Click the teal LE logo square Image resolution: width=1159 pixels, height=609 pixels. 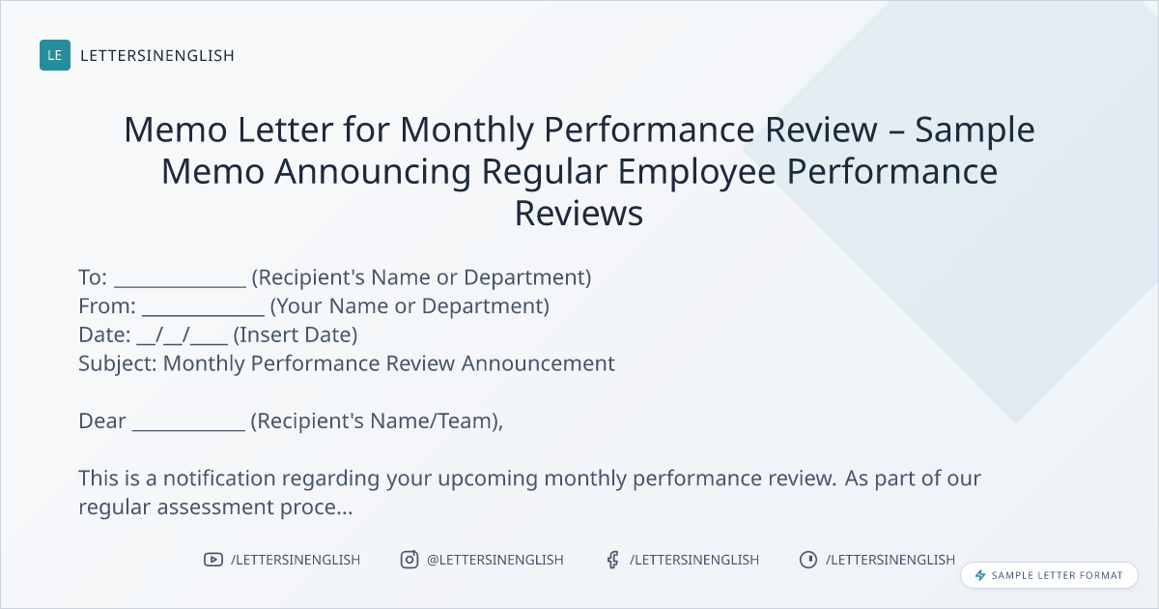[x=55, y=55]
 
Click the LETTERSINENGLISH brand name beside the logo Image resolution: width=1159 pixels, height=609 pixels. [x=157, y=55]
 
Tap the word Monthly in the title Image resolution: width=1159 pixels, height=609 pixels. [x=467, y=130]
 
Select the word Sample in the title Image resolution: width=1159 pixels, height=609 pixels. [x=975, y=130]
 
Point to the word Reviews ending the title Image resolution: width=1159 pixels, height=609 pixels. [x=579, y=213]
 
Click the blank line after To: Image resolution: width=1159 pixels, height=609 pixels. [x=180, y=285]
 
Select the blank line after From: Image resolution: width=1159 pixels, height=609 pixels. [x=203, y=314]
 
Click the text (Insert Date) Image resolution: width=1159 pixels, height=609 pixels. [x=296, y=335]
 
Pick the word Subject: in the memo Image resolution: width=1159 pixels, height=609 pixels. [x=118, y=364]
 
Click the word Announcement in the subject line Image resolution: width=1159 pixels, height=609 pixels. [x=538, y=363]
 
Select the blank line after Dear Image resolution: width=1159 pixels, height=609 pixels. [x=188, y=429]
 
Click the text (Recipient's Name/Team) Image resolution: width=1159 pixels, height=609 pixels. [x=375, y=421]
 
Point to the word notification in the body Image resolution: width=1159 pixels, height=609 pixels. [x=219, y=478]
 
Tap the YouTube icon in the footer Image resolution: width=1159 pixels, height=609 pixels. [x=213, y=560]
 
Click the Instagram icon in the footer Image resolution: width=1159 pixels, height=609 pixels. [x=410, y=560]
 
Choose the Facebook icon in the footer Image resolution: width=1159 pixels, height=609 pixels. [x=613, y=560]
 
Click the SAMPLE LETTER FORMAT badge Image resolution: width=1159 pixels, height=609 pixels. [x=1049, y=575]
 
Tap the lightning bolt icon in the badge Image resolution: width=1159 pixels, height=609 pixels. [x=980, y=575]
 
